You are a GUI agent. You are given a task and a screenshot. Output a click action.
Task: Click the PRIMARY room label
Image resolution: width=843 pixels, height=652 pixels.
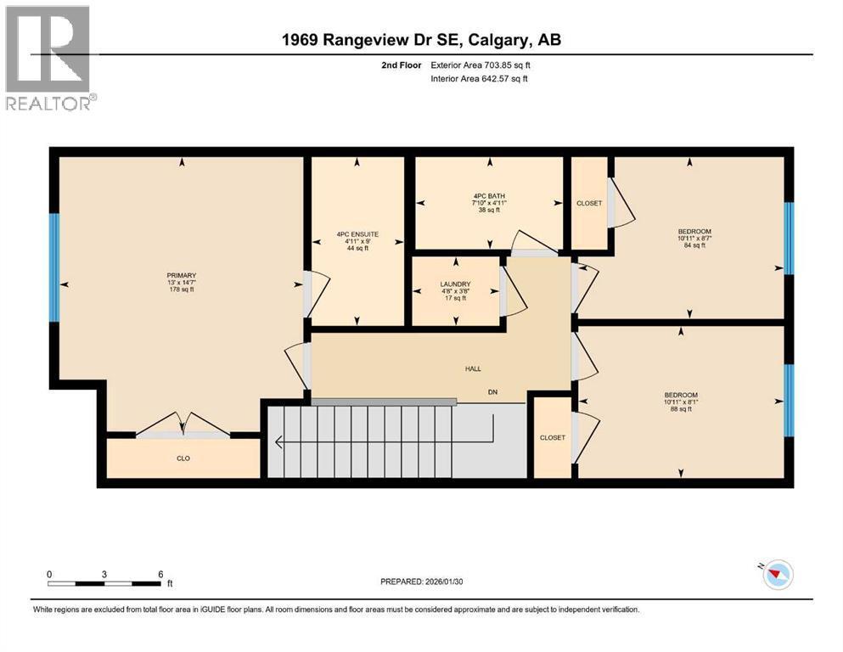[182, 275]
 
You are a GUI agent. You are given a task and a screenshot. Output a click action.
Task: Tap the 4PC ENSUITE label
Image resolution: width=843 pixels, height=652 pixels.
[357, 233]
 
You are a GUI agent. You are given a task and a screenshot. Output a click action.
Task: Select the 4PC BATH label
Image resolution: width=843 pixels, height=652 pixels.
[489, 196]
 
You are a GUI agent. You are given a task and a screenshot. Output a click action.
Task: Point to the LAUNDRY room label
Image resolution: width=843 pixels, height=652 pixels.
[456, 284]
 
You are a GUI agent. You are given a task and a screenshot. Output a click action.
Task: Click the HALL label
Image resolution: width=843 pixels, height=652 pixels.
[473, 368]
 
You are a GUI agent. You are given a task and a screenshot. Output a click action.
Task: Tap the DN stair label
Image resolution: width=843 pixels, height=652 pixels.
[492, 391]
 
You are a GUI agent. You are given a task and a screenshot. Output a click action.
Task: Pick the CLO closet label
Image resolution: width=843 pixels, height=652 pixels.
[183, 458]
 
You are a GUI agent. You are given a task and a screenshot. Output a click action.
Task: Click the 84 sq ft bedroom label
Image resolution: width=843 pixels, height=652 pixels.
[694, 232]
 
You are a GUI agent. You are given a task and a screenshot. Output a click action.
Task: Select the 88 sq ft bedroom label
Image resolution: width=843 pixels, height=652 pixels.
[681, 395]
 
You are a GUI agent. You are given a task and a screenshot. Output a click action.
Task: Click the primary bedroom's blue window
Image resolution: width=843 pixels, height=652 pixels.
[54, 267]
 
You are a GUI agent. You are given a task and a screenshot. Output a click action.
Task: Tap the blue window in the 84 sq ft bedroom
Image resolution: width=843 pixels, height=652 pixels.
[788, 238]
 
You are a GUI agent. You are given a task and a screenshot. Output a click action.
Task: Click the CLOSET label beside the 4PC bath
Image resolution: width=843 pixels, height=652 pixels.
[588, 204]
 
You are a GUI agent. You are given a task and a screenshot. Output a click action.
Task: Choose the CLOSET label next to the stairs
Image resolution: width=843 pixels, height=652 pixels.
[552, 437]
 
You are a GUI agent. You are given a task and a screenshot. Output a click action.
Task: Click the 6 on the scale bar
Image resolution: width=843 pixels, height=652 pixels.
[160, 574]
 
